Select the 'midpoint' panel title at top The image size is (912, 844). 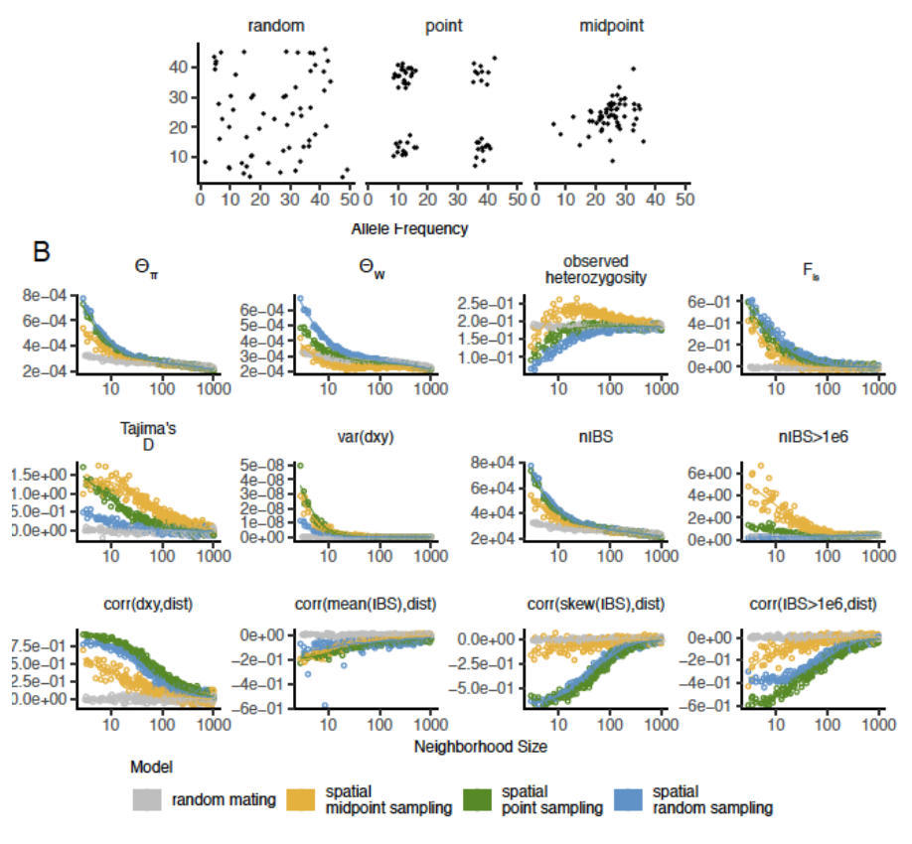[611, 25]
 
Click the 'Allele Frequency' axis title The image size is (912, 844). [409, 228]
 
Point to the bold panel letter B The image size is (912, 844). [42, 252]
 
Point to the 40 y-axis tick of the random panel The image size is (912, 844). [177, 67]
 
